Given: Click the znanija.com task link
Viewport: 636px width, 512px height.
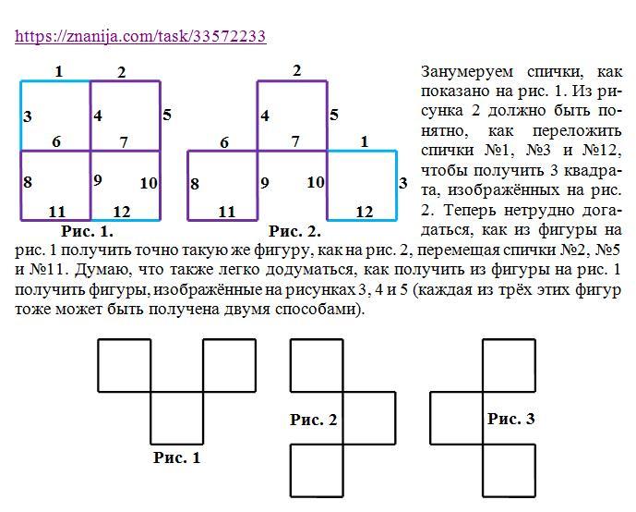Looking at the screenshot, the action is tap(140, 36).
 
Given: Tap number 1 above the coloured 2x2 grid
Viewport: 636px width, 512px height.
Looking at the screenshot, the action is tap(59, 72).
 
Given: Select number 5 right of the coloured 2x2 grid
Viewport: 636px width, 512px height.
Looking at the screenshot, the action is tap(167, 115).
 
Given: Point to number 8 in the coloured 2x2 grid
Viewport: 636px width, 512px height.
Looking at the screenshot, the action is tap(28, 182).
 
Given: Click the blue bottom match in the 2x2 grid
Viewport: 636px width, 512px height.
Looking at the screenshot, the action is tap(126, 220).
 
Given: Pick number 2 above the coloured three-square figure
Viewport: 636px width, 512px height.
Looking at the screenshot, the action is tap(297, 70).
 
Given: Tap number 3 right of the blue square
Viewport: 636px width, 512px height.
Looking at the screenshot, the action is tap(402, 183).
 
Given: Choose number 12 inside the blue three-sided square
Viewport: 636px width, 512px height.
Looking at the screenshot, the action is tap(365, 212).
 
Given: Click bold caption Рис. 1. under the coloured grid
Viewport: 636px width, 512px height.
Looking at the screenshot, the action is tap(87, 231).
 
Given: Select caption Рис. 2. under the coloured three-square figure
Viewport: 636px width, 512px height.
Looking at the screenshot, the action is tap(294, 231).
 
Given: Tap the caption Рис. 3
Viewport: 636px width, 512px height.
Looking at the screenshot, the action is tap(511, 419).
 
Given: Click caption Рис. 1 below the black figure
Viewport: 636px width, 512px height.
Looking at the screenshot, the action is tap(177, 457).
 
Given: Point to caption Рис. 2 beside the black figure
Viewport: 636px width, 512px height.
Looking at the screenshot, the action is tap(313, 420).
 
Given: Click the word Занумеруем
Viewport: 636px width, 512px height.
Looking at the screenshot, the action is tap(467, 72).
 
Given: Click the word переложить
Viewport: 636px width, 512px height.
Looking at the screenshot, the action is tap(577, 131).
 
